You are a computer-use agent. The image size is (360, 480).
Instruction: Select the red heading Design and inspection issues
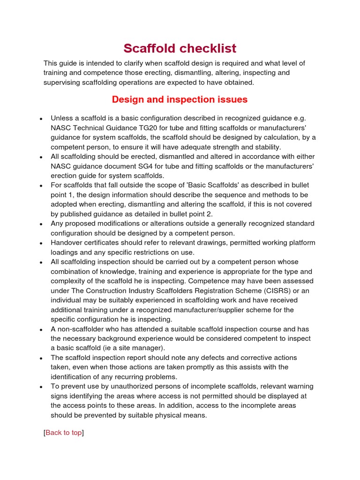pos(180,99)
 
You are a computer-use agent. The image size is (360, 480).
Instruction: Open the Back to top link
pos(63,432)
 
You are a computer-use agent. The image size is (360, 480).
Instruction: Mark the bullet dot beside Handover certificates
pos(42,243)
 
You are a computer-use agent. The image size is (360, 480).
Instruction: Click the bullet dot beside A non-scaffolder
pos(42,330)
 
